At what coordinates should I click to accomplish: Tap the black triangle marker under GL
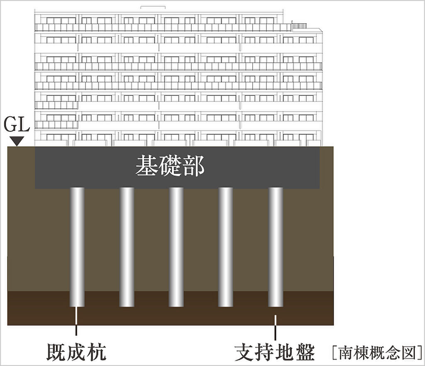(16, 141)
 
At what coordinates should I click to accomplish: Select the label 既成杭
(76, 352)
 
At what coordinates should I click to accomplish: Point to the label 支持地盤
(275, 352)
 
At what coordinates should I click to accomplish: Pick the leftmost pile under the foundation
(77, 247)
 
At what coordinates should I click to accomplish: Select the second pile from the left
(127, 247)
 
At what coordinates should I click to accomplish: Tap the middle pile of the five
(176, 247)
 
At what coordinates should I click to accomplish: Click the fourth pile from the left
(226, 247)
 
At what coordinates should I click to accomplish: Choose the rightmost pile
(276, 247)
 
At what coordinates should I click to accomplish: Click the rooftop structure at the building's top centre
(153, 7)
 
